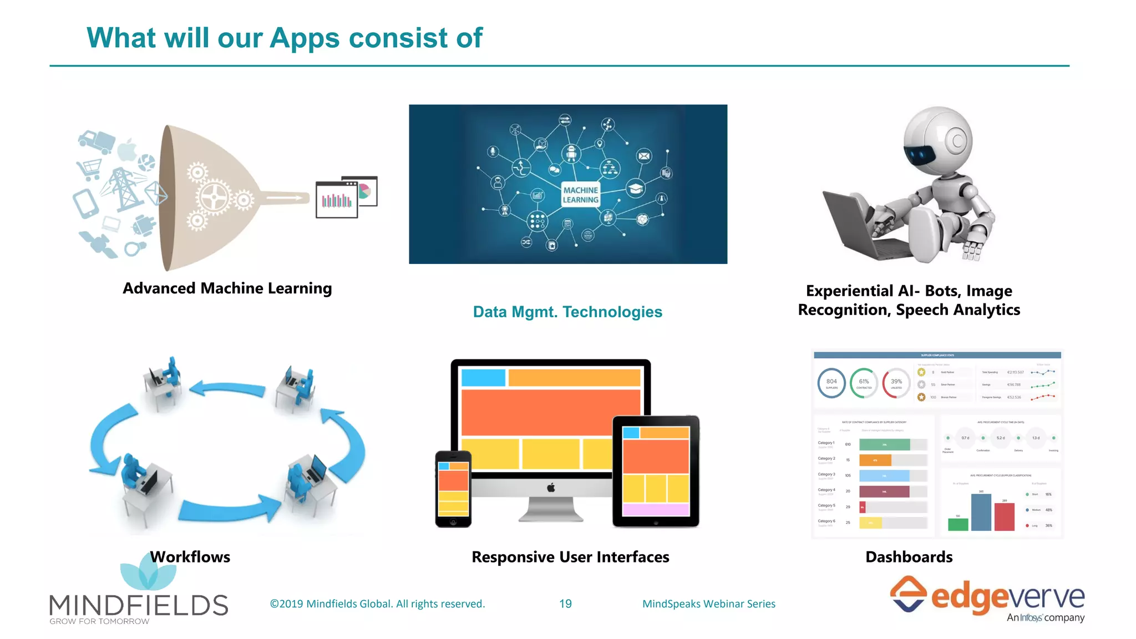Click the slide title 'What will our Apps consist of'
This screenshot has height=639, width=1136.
(x=284, y=38)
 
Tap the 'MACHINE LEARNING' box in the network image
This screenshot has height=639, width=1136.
(x=580, y=195)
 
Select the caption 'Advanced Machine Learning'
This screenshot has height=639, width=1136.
(x=227, y=288)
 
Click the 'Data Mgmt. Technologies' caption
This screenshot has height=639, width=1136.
(x=567, y=312)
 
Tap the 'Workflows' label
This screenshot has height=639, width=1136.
(x=190, y=557)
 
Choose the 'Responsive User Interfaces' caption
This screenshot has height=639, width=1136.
(x=570, y=557)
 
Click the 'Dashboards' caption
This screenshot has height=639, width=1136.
(x=909, y=557)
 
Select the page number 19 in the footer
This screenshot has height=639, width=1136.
(x=565, y=603)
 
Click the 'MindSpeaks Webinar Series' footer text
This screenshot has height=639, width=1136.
(x=708, y=603)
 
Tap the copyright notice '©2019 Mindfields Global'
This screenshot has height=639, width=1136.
(x=377, y=603)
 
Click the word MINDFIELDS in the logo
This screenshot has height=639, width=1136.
(x=139, y=605)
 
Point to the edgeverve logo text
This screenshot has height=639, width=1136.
(x=1007, y=598)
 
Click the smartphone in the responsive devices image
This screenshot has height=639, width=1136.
(x=453, y=489)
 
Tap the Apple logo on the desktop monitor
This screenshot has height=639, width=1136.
(x=551, y=488)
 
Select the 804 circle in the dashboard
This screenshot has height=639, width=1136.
(x=831, y=383)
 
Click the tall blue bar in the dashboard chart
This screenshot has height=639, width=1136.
(x=981, y=512)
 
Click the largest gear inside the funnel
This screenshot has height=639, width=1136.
(x=214, y=197)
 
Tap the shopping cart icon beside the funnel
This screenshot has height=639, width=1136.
(x=90, y=168)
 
